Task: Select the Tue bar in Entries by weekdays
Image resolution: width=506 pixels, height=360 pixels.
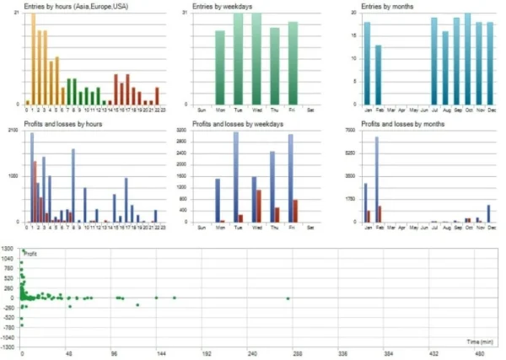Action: pos(238,59)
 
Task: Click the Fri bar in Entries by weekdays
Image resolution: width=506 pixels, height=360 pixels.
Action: pos(293,63)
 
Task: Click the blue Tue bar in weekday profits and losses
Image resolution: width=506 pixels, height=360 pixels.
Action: pos(235,177)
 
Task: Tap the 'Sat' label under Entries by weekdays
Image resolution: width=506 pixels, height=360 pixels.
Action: pos(311,109)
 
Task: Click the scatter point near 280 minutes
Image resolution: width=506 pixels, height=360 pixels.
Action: pos(288,298)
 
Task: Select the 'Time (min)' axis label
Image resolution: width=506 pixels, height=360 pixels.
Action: pos(480,341)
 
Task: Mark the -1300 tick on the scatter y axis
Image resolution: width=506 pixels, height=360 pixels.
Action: pos(8,347)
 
